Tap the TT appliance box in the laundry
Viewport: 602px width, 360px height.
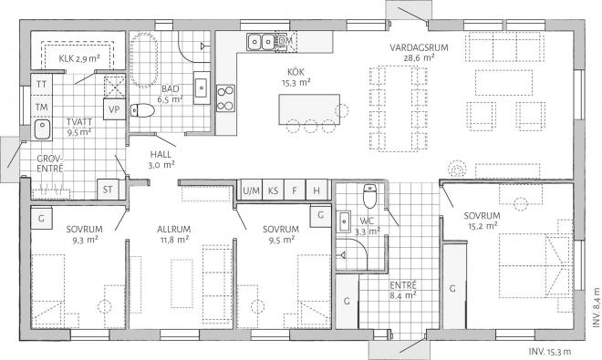click(41, 84)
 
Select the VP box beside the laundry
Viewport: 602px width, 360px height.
click(114, 109)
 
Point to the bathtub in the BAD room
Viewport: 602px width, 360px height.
click(144, 58)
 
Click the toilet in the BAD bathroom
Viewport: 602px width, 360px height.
click(140, 112)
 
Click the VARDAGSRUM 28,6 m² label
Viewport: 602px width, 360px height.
click(412, 50)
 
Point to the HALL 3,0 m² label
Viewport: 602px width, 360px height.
click(161, 159)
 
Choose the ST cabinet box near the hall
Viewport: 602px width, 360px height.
click(108, 190)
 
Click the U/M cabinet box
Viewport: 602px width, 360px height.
click(249, 190)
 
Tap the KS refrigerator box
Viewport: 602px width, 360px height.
click(272, 190)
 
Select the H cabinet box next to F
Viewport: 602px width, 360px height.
click(317, 190)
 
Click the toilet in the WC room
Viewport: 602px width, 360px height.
click(369, 196)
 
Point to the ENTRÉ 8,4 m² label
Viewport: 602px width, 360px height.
click(403, 289)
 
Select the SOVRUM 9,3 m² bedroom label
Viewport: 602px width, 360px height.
click(83, 234)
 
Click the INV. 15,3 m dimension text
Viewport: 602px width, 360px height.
click(550, 351)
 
